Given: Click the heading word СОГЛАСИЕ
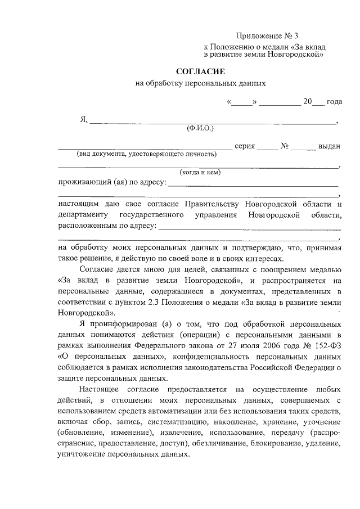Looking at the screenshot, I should [x=201, y=72].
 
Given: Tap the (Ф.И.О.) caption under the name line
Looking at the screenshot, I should [x=200, y=128].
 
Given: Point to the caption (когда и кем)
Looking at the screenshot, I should [x=200, y=172].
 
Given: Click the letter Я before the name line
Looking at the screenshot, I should [x=84, y=119].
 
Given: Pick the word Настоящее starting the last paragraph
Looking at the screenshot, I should [x=101, y=389].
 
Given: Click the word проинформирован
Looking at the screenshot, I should [x=121, y=325].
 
